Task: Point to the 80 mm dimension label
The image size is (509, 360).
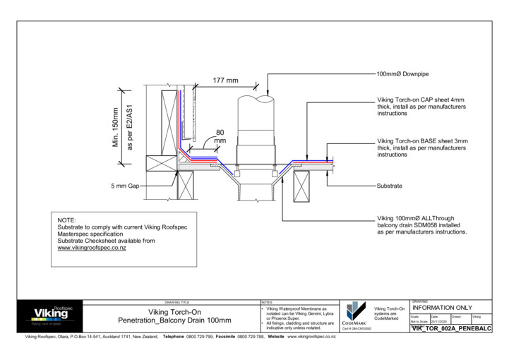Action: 220,136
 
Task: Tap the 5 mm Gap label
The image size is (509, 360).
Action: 126,186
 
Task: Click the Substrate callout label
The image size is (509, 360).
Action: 390,186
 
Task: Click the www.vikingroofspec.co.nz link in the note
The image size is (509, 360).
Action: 92,248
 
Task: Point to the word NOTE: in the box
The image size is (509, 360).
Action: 66,220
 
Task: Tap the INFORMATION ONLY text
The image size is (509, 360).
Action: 441,308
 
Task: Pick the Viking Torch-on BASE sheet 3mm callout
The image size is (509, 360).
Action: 422,148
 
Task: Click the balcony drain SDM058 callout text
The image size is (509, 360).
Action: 422,224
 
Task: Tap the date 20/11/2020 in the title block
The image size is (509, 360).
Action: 440,321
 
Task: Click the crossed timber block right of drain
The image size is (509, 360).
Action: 301,188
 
